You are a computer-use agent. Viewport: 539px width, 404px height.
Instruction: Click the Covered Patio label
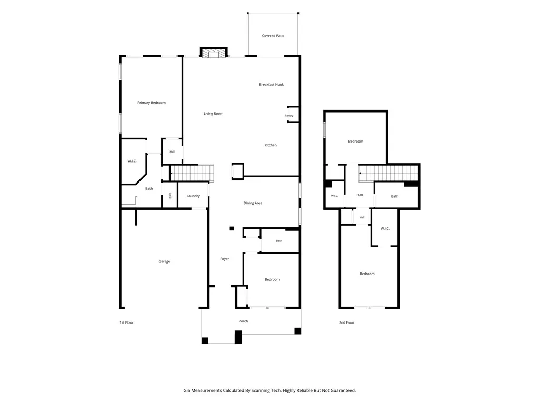point(273,36)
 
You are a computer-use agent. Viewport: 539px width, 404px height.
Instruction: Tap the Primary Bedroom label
point(152,103)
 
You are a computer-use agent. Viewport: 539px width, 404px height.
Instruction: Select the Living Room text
point(214,114)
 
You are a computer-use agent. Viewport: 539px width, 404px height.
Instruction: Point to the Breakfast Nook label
point(272,85)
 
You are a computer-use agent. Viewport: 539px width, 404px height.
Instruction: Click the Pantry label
point(289,116)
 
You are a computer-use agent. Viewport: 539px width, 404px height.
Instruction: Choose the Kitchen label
point(271,145)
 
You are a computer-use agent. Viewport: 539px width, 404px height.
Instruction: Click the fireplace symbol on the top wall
point(214,53)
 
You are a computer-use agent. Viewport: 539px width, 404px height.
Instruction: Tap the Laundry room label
point(193,196)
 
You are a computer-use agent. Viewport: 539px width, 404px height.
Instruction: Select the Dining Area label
point(253,204)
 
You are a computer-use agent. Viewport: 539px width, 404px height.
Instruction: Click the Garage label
point(164,262)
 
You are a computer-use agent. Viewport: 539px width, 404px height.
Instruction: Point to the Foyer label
point(224,259)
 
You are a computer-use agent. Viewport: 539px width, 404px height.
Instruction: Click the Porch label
point(243,321)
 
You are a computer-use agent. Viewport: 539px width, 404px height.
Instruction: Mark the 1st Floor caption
point(126,323)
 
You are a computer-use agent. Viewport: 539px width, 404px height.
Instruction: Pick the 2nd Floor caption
point(346,323)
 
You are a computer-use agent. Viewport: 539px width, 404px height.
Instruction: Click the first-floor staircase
point(192,173)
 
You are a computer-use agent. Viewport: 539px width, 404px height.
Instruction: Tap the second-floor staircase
point(388,173)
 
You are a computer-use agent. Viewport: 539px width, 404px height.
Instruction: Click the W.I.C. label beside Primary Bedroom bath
point(132,161)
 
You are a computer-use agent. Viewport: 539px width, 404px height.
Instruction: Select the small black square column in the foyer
point(232,228)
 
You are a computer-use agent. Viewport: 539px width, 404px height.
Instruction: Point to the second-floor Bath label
point(395,197)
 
